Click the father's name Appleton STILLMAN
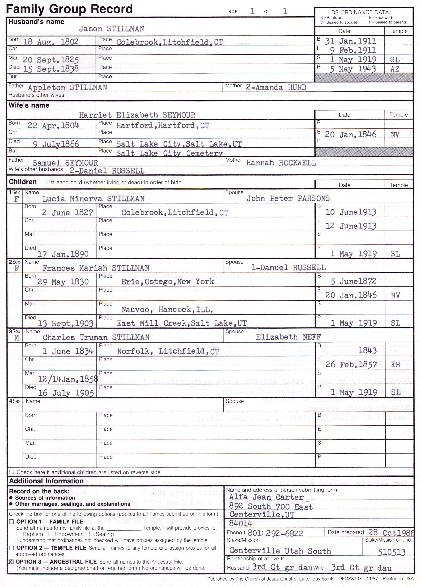(67, 88)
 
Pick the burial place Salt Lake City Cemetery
(169, 153)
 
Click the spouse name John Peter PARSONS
(288, 198)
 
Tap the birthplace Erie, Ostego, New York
(167, 282)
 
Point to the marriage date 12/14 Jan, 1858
(68, 379)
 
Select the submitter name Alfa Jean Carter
(266, 497)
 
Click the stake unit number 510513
(391, 552)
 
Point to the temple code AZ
(395, 69)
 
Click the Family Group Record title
(69, 9)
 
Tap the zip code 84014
(240, 524)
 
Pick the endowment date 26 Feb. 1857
(351, 365)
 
